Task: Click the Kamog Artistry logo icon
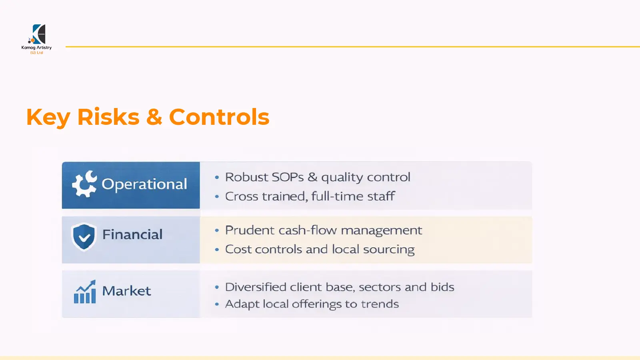pos(38,34)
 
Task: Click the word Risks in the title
pos(108,117)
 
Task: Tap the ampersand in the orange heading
pos(154,117)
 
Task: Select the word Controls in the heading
pos(219,117)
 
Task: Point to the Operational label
pos(144,184)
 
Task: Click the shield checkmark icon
pos(84,236)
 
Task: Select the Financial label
pos(132,234)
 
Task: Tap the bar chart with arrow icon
pos(85,292)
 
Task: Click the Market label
pos(126,291)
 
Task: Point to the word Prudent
pos(250,230)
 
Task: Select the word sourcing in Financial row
pos(388,250)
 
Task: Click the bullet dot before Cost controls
pos(217,250)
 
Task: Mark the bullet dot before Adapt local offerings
pos(217,304)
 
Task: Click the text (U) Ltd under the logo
pos(36,52)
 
